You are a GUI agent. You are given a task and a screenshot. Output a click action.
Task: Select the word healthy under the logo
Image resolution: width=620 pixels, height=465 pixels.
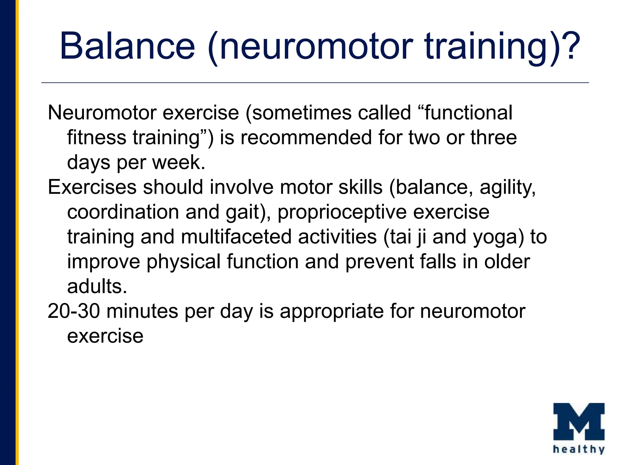579,449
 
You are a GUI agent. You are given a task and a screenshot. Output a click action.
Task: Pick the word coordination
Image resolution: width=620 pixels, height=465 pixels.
123,212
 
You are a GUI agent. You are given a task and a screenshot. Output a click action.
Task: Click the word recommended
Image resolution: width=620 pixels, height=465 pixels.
306,138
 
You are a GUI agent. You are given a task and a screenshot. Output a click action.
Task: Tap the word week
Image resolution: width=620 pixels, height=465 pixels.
179,163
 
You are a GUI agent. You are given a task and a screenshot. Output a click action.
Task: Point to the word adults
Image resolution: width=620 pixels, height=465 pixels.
97,286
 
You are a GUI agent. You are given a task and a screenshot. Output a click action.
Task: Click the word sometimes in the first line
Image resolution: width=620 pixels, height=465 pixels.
301,113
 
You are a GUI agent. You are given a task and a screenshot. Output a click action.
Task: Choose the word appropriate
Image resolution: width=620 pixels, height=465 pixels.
331,312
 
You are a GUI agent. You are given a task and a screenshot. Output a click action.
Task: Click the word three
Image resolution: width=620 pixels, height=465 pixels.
493,138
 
